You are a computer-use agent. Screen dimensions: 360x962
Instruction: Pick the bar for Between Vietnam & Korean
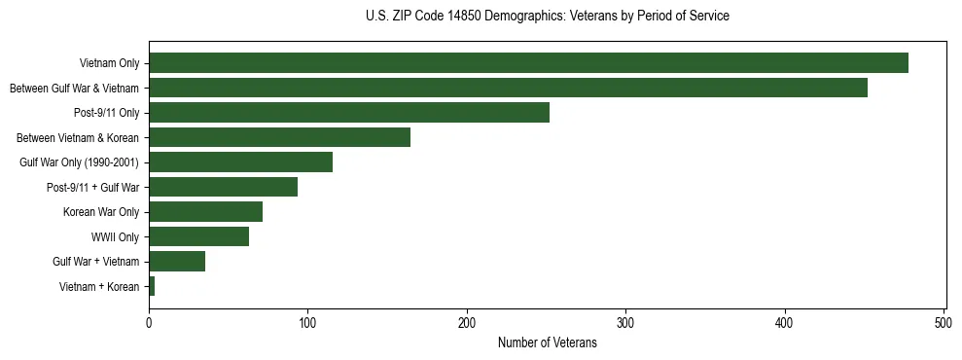[x=279, y=137]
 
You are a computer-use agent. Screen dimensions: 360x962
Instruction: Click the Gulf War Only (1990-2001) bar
[x=240, y=162]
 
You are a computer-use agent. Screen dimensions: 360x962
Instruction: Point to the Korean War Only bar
[x=205, y=211]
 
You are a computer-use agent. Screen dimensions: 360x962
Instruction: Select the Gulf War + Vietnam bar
[x=177, y=261]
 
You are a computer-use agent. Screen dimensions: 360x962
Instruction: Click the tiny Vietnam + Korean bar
[x=152, y=286]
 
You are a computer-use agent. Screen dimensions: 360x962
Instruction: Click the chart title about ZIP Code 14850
[x=547, y=17]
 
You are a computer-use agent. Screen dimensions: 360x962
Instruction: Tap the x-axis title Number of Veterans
[x=547, y=343]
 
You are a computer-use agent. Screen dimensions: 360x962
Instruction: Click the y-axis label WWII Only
[x=115, y=236]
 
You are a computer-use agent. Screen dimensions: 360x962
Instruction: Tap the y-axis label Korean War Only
[x=101, y=212]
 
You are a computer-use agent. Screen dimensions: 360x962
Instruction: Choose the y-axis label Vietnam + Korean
[x=99, y=286]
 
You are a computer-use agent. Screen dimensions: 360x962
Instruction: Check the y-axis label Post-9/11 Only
[x=107, y=113]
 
